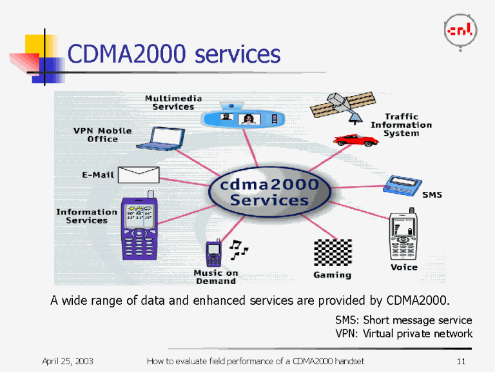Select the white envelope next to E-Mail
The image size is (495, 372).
(x=139, y=174)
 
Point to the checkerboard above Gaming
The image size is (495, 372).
(x=333, y=253)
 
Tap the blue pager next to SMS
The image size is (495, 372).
(x=402, y=185)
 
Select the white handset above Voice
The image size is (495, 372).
(x=403, y=235)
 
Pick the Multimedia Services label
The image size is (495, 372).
(x=173, y=102)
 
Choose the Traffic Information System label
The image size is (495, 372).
(x=401, y=125)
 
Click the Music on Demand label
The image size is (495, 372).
(x=215, y=277)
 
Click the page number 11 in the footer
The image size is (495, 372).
(x=460, y=360)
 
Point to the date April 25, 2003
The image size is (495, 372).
(x=68, y=360)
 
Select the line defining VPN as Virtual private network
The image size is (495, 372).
(x=404, y=334)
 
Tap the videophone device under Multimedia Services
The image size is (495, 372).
(x=242, y=119)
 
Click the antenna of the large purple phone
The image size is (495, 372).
(x=151, y=195)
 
